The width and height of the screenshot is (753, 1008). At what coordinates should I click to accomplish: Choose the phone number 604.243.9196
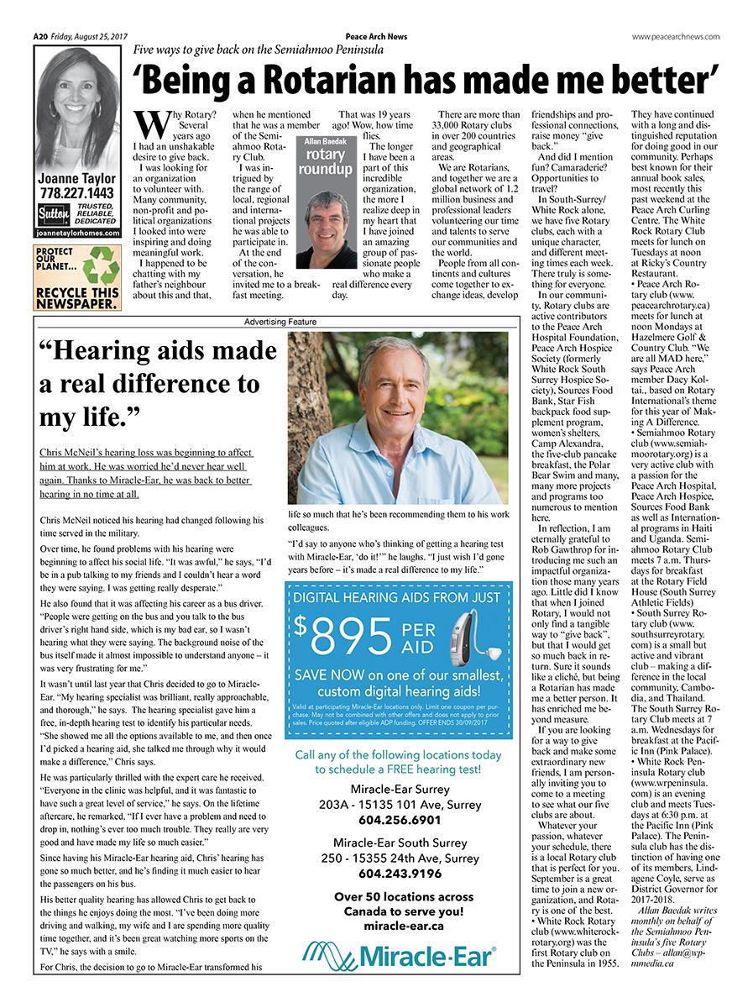pyautogui.click(x=398, y=873)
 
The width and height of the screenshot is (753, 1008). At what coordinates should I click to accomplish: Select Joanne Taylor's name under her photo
pyautogui.click(x=77, y=179)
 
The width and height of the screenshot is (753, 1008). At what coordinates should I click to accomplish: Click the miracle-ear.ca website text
pyautogui.click(x=398, y=926)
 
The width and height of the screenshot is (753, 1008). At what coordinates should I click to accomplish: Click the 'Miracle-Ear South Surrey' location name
pyautogui.click(x=398, y=843)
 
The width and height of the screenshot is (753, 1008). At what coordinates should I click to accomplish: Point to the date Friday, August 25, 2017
pyautogui.click(x=89, y=36)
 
